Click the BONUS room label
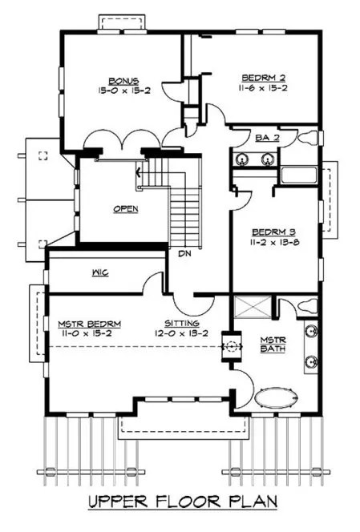click(126, 81)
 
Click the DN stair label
click(184, 254)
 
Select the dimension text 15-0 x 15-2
click(126, 91)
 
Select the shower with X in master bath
click(251, 308)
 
